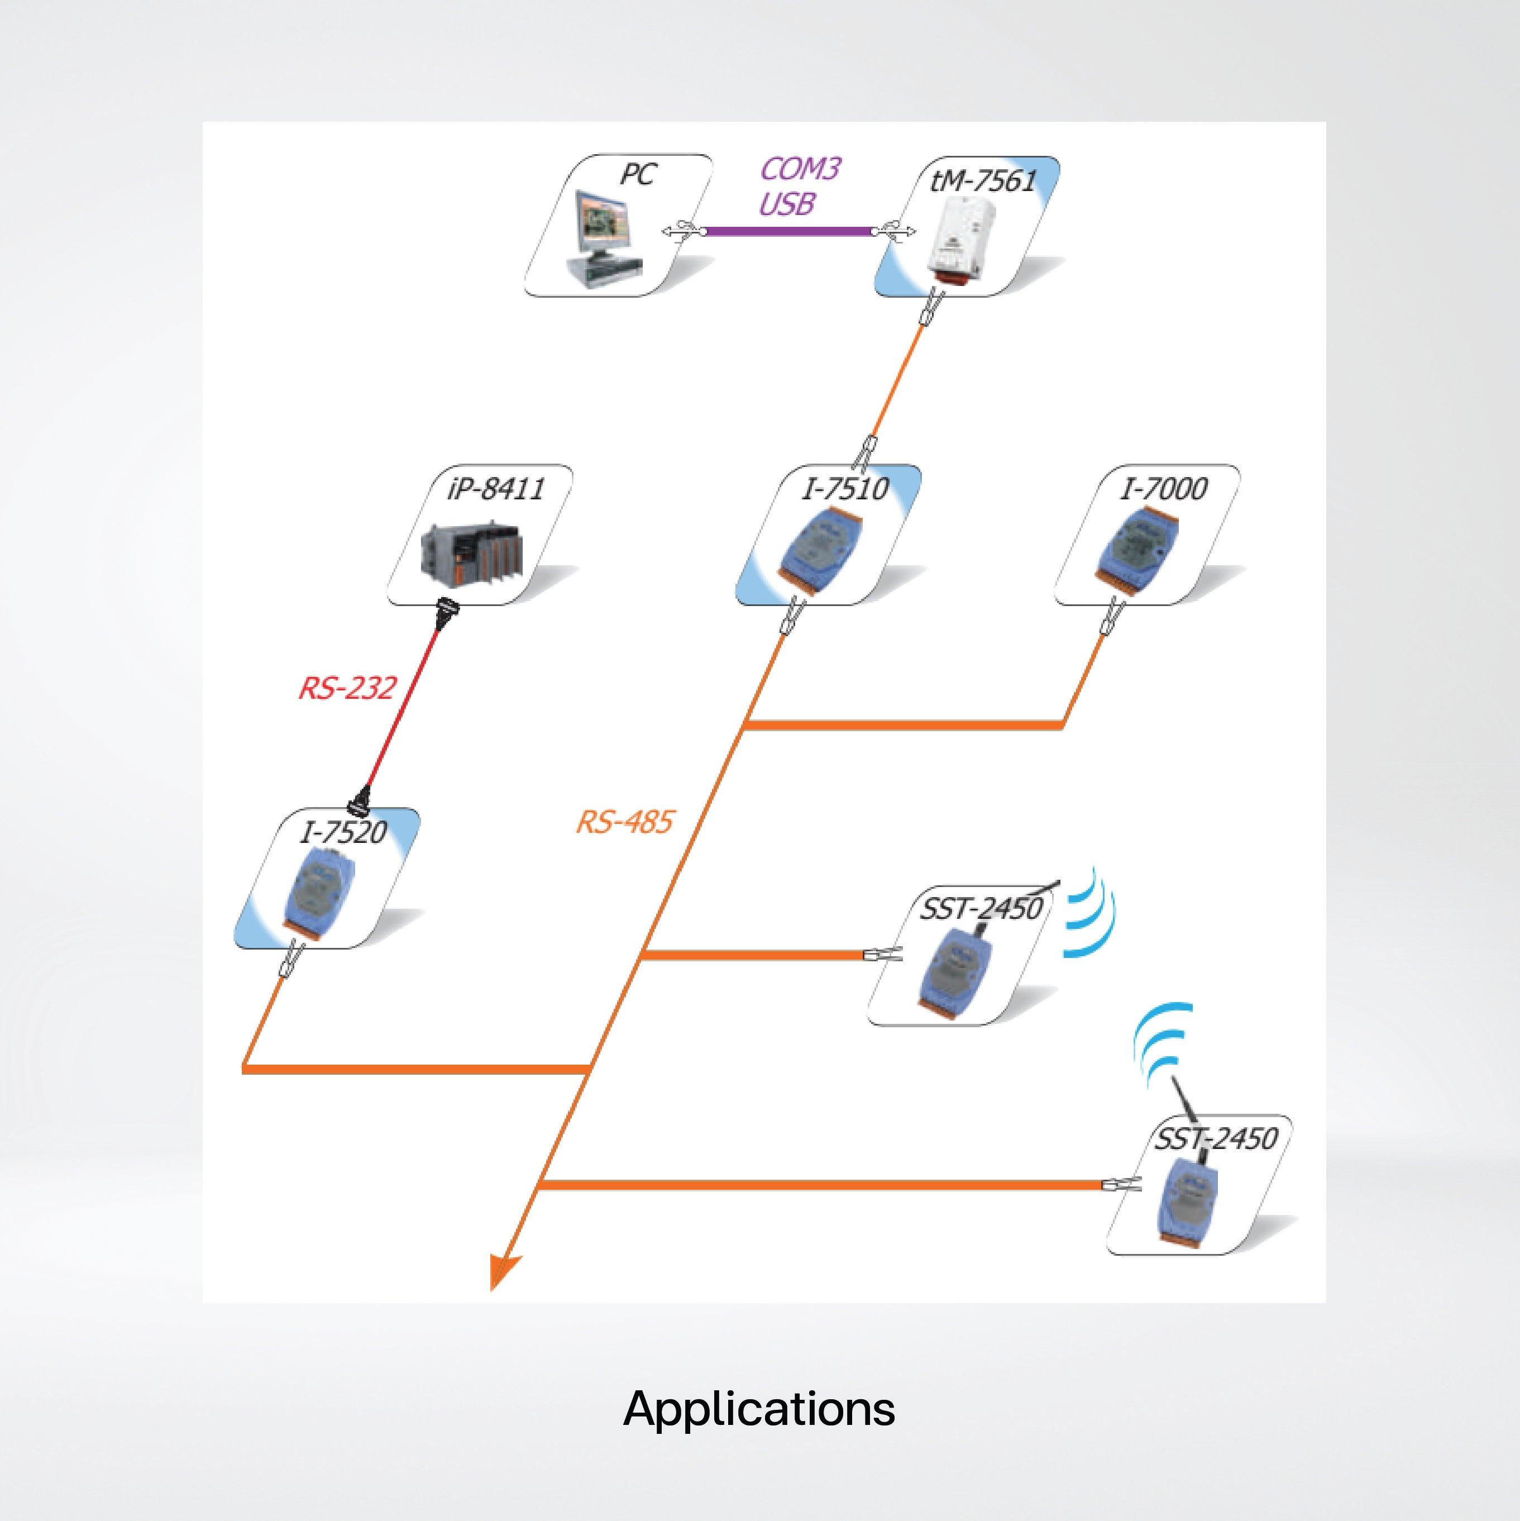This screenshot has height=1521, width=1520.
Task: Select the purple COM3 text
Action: pyautogui.click(x=800, y=169)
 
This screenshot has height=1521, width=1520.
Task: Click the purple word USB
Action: pyautogui.click(x=786, y=204)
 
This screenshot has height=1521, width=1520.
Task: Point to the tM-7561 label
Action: pyautogui.click(x=983, y=181)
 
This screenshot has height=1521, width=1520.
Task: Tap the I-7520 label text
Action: pyautogui.click(x=343, y=832)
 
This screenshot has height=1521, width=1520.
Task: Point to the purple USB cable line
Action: pyautogui.click(x=787, y=231)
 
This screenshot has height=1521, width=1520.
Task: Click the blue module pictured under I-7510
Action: pyautogui.click(x=815, y=548)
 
